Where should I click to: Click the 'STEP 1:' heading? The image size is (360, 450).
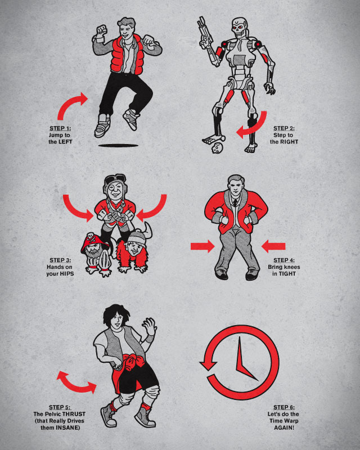[x=60, y=128]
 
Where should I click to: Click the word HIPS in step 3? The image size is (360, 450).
[x=66, y=274]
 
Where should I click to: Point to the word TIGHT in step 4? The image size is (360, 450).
[x=287, y=274]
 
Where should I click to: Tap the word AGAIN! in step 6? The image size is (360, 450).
[x=284, y=427]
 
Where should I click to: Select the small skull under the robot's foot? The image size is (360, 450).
[x=216, y=147]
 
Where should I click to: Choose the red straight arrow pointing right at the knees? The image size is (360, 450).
[x=202, y=246]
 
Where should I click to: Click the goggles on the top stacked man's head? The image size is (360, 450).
[x=115, y=179]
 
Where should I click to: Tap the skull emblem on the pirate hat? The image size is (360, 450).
[x=91, y=238]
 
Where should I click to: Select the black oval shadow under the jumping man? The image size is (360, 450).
[x=118, y=146]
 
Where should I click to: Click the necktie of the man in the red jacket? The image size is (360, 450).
[x=235, y=202]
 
